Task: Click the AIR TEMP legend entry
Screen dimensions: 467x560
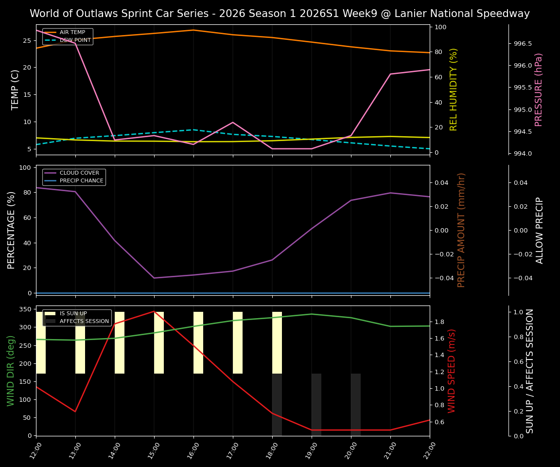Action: [x=72, y=33]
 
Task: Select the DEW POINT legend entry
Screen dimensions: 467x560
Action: [x=75, y=40]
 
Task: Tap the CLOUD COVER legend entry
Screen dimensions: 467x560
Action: [x=79, y=173]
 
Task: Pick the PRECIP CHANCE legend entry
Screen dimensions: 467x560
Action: [x=81, y=181]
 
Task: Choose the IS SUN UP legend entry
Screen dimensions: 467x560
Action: [x=73, y=314]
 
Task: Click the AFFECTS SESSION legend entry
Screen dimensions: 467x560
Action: [x=84, y=321]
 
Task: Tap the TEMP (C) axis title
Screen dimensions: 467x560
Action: [x=15, y=90]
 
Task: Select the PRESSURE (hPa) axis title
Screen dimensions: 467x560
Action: [x=538, y=90]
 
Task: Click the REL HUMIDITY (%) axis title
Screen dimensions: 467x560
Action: [x=454, y=90]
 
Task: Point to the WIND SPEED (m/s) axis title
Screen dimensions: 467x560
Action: [x=452, y=371]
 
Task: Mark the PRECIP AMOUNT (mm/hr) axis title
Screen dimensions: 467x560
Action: [x=461, y=230]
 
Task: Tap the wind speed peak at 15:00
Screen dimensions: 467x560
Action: [x=154, y=311]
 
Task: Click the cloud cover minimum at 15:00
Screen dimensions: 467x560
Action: [x=154, y=278]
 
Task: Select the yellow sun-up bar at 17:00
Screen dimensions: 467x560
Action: [x=238, y=342]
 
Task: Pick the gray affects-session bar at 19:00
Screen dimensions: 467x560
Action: [x=316, y=404]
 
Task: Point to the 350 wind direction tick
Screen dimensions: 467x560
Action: [x=27, y=309]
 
